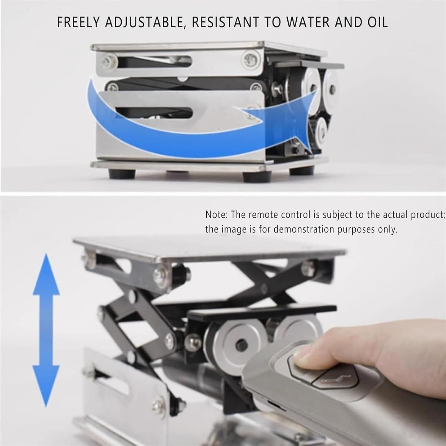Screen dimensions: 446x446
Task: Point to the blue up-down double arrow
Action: (x=46, y=330)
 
